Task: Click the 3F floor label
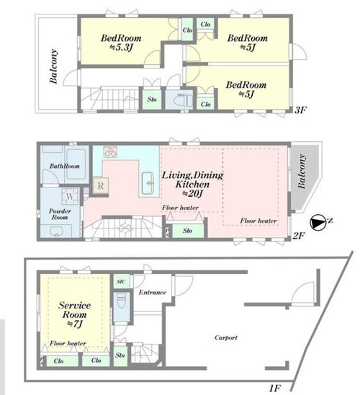[300, 110]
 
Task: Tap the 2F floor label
[299, 236]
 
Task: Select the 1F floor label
[275, 389]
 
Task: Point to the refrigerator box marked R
[101, 186]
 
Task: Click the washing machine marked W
[70, 196]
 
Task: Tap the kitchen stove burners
[110, 151]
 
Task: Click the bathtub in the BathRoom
[76, 164]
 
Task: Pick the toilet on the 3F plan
[183, 100]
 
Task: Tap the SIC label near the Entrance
[121, 281]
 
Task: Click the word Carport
[226, 338]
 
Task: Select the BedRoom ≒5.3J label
[121, 43]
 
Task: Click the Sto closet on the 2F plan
[188, 231]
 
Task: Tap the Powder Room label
[60, 214]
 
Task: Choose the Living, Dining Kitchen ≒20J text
[192, 185]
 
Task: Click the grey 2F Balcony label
[302, 172]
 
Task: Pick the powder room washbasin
[57, 231]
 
